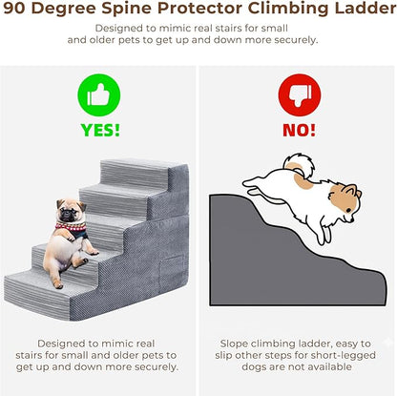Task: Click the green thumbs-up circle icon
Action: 99,95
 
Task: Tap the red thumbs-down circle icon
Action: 300,95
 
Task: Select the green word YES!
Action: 100,130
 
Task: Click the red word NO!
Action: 299,130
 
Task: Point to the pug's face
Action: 71,210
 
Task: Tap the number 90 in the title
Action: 14,9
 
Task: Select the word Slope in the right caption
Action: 234,344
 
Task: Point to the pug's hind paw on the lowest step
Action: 58,284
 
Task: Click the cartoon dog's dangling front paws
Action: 324,236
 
